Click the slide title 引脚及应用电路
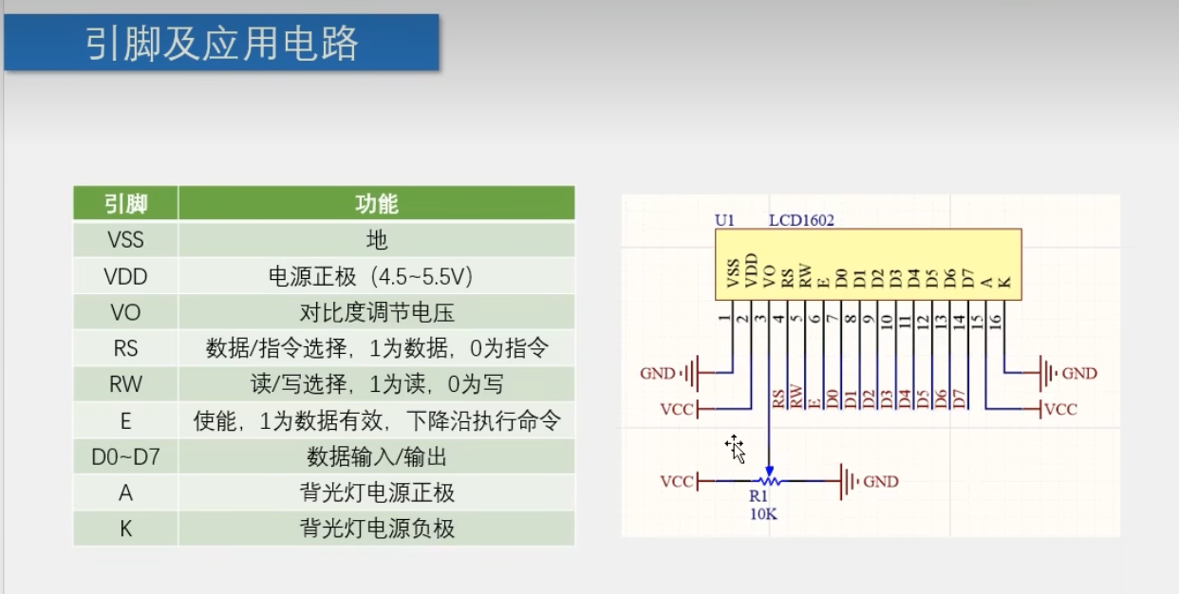[221, 43]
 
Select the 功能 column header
[376, 204]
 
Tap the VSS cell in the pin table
[125, 240]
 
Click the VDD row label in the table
[125, 276]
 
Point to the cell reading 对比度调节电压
[376, 312]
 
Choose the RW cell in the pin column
[125, 384]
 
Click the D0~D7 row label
[125, 456]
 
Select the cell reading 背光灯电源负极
[376, 529]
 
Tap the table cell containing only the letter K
[125, 529]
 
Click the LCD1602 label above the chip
[801, 220]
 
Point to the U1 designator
[724, 220]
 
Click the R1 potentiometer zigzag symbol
[769, 481]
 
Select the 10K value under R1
[763, 514]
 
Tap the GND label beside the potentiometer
[881, 481]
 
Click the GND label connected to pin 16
[1079, 374]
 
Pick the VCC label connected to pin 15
[1061, 409]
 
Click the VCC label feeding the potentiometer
[677, 481]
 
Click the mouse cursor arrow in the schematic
[736, 449]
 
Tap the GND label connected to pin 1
[658, 374]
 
